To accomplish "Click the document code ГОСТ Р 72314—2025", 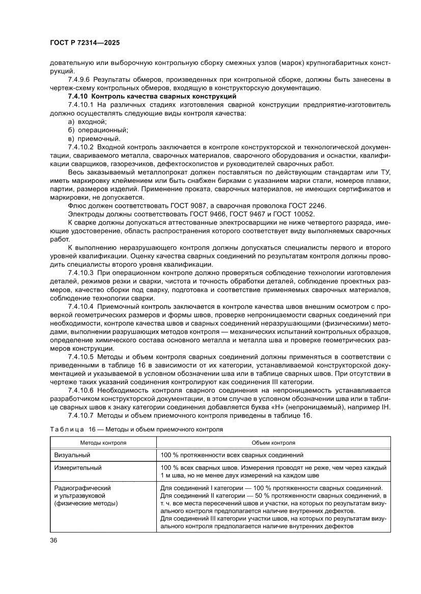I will (85, 43).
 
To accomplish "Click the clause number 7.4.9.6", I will (79, 80).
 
